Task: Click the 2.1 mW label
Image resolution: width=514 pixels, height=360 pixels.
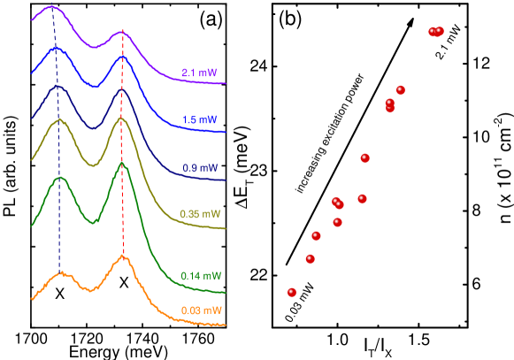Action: coord(199,73)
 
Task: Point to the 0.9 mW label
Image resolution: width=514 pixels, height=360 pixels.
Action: coord(199,167)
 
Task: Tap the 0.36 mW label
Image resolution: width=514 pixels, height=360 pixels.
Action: coord(200,214)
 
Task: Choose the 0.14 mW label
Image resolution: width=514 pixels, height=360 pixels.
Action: coord(201,276)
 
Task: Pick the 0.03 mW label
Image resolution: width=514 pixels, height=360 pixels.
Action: coord(201,310)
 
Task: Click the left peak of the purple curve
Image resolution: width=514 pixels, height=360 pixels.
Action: coord(52,7)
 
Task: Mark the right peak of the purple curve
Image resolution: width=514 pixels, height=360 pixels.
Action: coord(122,33)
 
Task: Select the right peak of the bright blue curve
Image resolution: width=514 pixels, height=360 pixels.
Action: coord(122,58)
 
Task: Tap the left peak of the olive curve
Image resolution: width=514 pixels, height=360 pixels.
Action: coord(58,119)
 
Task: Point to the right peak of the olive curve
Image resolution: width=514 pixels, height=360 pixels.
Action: coord(121,118)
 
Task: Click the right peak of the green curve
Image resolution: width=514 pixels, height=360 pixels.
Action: coord(122,164)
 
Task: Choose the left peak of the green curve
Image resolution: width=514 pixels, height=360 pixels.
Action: coord(60,178)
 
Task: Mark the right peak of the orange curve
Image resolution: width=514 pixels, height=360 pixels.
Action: coord(123,257)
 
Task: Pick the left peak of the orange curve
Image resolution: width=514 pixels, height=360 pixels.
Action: coord(61,273)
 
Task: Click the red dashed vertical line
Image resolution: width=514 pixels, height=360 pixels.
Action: coord(122,212)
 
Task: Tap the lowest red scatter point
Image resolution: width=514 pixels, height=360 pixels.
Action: coord(292,292)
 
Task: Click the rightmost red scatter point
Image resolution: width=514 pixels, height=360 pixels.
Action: coord(439,31)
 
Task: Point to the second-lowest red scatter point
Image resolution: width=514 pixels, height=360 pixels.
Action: coord(310,258)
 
